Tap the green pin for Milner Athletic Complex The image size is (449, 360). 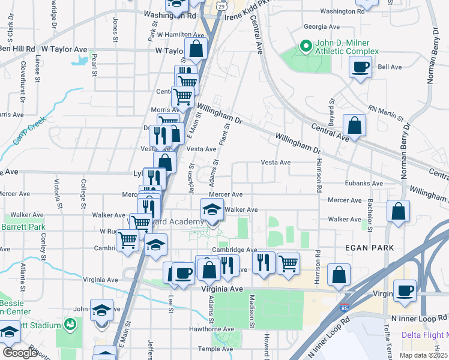click(x=306, y=46)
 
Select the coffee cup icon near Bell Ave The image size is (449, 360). click(x=360, y=68)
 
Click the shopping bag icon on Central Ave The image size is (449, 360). click(x=355, y=125)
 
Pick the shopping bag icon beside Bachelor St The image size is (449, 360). click(x=399, y=211)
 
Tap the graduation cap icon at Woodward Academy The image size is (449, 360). click(x=212, y=209)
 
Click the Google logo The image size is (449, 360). click(x=20, y=353)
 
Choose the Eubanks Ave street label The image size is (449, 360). click(x=364, y=184)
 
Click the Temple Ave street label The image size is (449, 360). click(x=218, y=348)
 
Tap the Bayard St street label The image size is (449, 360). click(x=330, y=109)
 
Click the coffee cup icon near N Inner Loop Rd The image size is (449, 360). click(x=405, y=290)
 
